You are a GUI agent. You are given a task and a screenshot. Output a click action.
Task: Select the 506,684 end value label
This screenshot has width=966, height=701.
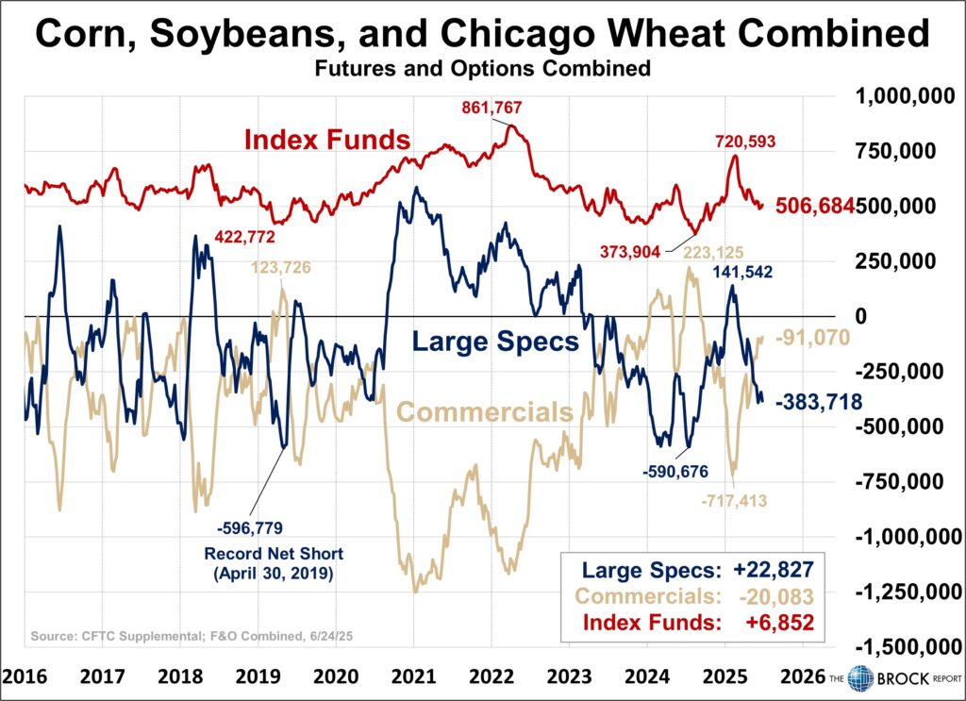click(x=814, y=206)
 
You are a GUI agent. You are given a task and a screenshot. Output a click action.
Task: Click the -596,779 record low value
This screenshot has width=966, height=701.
click(x=249, y=527)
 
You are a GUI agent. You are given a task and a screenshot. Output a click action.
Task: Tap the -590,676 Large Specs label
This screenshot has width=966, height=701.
click(x=674, y=471)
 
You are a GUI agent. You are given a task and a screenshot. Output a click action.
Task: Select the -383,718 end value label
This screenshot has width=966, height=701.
click(x=818, y=402)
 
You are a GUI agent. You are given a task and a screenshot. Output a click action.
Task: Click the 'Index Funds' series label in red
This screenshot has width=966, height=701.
click(x=326, y=141)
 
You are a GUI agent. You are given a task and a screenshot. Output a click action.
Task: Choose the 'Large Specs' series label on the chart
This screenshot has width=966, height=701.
click(x=496, y=341)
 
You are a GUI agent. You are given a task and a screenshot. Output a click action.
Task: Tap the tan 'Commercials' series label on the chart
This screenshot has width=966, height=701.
click(x=485, y=412)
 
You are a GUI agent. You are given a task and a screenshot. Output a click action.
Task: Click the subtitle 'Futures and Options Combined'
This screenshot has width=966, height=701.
click(x=482, y=69)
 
